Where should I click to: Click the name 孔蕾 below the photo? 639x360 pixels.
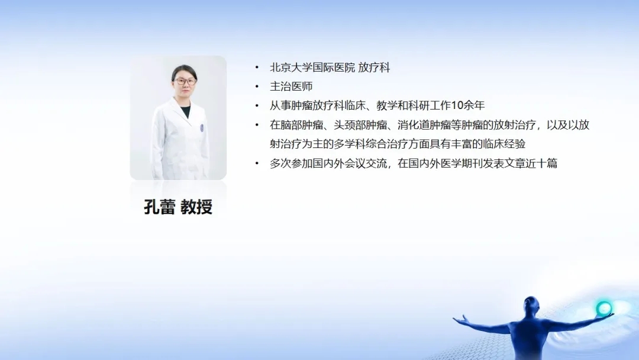[159, 207]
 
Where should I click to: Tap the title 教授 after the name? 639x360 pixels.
[196, 207]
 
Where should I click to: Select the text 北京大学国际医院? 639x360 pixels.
[312, 67]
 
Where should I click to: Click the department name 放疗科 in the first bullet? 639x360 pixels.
[374, 67]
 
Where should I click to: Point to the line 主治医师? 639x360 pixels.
[291, 86]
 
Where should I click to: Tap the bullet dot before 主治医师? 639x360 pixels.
[257, 86]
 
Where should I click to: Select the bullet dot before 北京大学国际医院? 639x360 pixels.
[257, 67]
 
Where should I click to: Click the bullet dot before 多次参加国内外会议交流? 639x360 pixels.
[257, 163]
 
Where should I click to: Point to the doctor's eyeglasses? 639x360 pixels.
[185, 81]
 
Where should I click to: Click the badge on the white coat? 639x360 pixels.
[202, 128]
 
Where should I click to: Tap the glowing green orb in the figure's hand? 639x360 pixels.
[603, 308]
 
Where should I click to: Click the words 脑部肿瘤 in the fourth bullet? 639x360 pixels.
[302, 125]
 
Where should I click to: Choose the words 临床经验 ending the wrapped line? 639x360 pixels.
[504, 144]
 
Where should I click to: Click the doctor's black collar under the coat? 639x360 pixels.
[185, 111]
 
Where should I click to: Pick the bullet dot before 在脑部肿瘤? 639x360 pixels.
[257, 125]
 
